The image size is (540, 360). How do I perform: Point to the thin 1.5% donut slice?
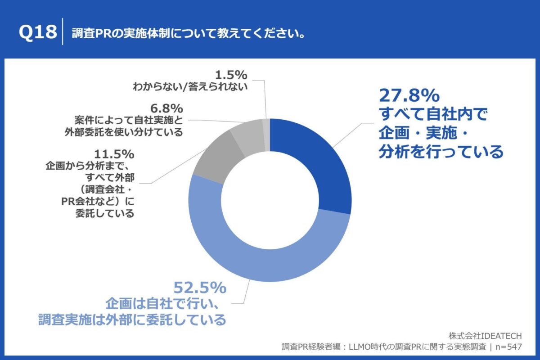pyautogui.click(x=266, y=130)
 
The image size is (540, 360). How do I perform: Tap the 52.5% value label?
pyautogui.click(x=200, y=287)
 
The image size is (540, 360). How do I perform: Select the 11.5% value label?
pyautogui.click(x=112, y=154)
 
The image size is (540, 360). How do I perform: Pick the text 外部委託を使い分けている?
pyautogui.click(x=130, y=132)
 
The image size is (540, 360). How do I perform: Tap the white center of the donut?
pyautogui.click(x=270, y=200)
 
